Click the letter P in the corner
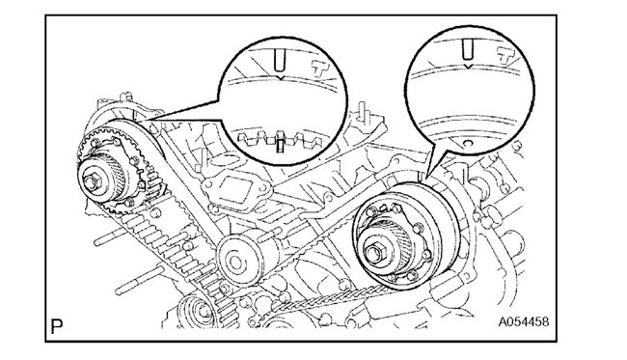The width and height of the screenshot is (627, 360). (x=56, y=326)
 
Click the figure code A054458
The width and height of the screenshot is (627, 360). (x=523, y=322)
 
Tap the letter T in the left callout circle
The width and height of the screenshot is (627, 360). (x=320, y=69)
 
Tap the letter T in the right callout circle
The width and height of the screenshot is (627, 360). (x=505, y=55)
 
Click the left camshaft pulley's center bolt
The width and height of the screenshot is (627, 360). (x=92, y=182)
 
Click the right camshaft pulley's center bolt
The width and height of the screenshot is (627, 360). (x=372, y=253)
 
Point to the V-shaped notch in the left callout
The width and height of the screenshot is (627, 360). (x=281, y=77)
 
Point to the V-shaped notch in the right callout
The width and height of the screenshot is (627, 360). (x=466, y=66)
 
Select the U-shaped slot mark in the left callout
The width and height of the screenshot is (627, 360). (x=279, y=58)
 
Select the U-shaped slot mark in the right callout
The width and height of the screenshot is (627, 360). (x=466, y=48)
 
